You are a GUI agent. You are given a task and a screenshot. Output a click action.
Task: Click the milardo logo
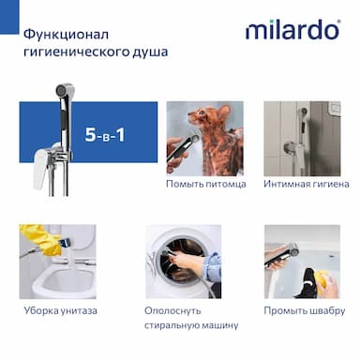292,29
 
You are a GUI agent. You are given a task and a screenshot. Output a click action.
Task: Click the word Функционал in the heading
66,34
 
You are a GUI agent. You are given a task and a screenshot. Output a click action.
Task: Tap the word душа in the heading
150,52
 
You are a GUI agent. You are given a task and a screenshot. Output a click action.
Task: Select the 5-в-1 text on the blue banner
105,135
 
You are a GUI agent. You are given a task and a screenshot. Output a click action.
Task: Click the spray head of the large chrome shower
65,90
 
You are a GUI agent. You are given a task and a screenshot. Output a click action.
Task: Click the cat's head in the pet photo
209,116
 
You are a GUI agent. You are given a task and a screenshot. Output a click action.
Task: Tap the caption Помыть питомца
206,184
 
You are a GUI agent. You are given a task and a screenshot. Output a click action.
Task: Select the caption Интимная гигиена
307,184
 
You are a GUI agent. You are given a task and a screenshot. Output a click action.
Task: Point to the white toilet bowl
64,279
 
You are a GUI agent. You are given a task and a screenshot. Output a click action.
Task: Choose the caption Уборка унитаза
60,311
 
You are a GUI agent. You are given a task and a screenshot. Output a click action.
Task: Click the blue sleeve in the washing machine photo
212,266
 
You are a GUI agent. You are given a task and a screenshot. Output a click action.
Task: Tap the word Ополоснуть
172,311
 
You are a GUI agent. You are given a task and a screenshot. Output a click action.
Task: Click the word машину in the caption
219,325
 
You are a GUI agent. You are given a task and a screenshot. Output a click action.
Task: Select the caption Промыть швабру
305,311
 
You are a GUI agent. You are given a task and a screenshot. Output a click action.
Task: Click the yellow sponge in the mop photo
322,279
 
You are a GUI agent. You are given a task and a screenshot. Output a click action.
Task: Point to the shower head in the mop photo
281,254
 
